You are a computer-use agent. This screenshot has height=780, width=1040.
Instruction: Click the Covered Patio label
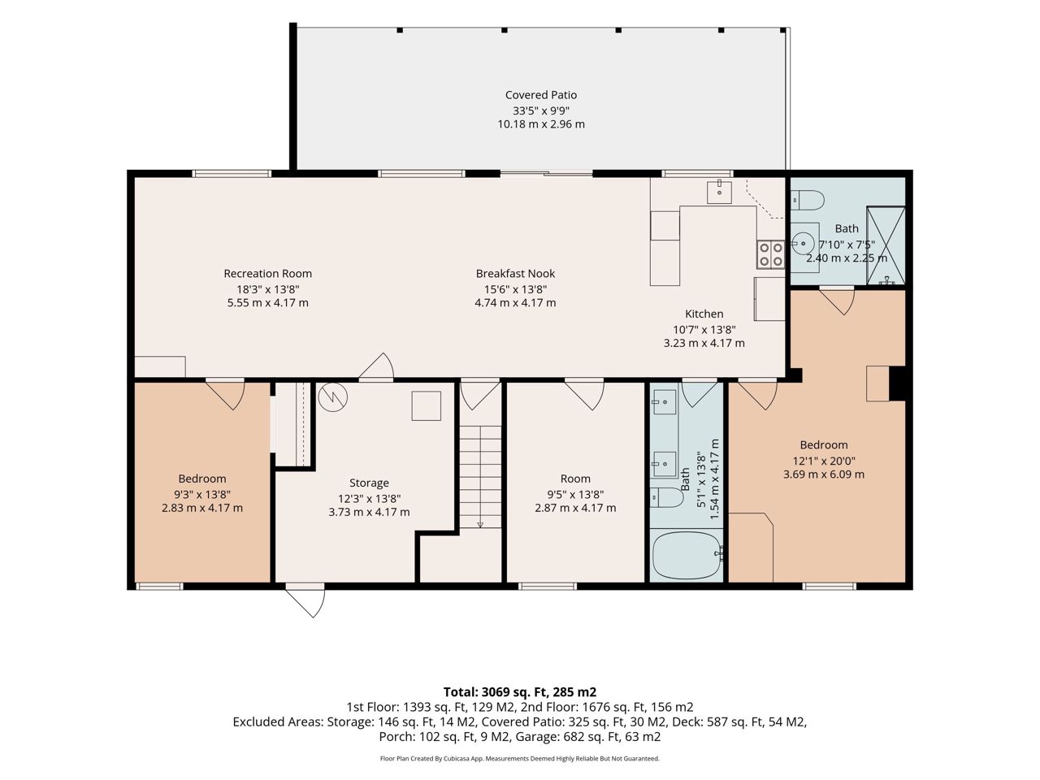[540, 95]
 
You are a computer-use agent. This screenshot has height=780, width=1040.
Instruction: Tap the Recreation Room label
[267, 273]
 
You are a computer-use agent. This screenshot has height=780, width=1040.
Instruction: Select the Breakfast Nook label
[515, 273]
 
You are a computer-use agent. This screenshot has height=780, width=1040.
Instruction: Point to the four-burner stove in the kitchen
[770, 255]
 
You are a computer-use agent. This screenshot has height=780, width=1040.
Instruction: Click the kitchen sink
[719, 193]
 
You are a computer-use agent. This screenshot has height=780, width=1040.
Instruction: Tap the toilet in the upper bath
[808, 200]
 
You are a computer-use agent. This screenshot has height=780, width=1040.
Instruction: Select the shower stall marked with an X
[886, 245]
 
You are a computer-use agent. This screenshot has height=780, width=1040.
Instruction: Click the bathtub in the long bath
[687, 556]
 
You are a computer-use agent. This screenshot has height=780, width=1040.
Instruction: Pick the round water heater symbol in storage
[332, 396]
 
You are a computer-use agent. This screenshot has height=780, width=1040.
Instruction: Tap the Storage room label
[369, 483]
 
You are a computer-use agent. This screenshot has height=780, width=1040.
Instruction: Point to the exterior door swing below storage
[306, 602]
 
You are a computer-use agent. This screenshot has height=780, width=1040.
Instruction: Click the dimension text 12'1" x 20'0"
[824, 461]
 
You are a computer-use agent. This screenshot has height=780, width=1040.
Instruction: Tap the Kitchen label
[704, 314]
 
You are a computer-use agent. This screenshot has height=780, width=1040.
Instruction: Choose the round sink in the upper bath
[804, 244]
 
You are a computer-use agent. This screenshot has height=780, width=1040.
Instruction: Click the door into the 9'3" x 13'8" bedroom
[226, 394]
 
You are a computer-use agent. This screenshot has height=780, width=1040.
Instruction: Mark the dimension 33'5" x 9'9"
[541, 110]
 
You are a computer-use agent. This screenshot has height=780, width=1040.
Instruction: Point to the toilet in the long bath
[666, 497]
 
